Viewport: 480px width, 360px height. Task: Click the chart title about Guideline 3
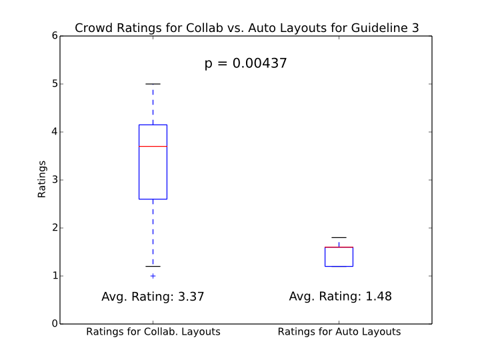[247, 28]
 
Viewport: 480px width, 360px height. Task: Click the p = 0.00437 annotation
[245, 64]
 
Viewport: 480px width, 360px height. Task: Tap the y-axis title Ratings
[42, 179]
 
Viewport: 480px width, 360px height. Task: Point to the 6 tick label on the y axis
[53, 36]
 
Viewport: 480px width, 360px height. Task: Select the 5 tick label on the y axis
[53, 84]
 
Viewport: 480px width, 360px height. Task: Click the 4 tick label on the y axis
[53, 132]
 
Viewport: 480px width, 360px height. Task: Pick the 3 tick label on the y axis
[53, 180]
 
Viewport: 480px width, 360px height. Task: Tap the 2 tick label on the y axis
[53, 228]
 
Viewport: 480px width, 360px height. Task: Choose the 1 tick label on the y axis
[53, 276]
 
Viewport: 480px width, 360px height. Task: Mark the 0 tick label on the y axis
[53, 324]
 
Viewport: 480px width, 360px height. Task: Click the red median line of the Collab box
[153, 146]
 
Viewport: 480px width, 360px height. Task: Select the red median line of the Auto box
[339, 247]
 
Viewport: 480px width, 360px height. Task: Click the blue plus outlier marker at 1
[153, 276]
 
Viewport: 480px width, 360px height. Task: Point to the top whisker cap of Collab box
[153, 84]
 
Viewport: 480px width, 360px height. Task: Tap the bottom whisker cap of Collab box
[153, 267]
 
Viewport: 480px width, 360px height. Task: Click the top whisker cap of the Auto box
[339, 237]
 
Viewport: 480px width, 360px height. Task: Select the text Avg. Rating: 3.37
[153, 297]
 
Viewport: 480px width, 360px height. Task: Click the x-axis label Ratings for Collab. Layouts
[153, 331]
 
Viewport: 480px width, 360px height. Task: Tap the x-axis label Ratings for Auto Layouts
[339, 331]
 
